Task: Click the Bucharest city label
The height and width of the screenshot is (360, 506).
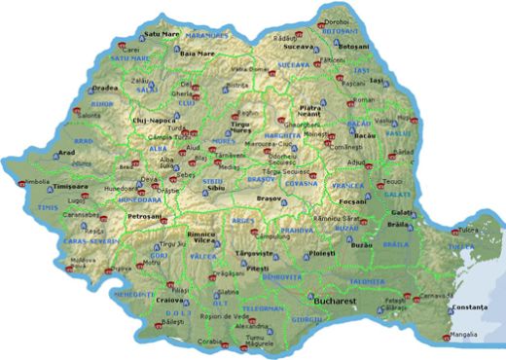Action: (x=334, y=303)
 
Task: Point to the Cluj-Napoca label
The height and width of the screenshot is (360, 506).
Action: (x=152, y=121)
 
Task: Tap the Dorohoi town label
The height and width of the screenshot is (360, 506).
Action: (x=337, y=21)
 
